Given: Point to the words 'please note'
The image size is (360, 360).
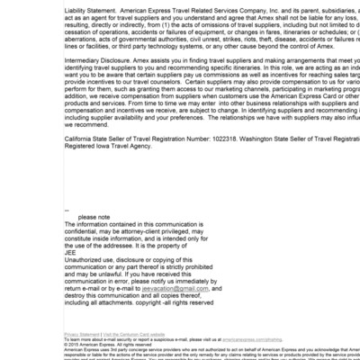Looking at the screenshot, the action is [x=94, y=217].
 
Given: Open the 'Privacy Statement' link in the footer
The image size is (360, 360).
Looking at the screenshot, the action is [x=82, y=334].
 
